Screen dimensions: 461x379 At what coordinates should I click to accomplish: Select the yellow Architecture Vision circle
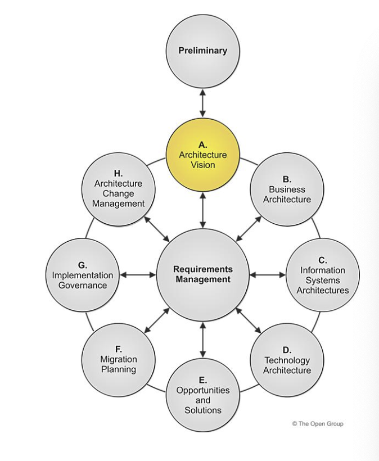point(202,155)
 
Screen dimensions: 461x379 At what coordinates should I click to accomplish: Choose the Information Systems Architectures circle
point(322,275)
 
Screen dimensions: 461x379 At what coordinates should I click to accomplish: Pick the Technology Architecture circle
point(287,360)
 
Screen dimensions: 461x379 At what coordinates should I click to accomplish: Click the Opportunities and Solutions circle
point(203,393)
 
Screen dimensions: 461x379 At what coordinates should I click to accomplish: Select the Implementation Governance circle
point(82,275)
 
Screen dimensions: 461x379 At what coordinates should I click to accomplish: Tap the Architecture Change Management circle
point(119,191)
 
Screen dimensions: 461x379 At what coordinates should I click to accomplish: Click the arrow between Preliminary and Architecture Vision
point(203,105)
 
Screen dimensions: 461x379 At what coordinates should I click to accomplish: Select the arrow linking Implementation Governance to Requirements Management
point(137,275)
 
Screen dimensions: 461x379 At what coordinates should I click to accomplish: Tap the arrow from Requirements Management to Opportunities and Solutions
point(203,339)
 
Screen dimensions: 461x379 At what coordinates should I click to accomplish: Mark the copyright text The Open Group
point(317,424)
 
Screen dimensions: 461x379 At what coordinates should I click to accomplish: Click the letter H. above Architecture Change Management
point(119,174)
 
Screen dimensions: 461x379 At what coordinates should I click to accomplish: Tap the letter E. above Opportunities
point(203,379)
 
